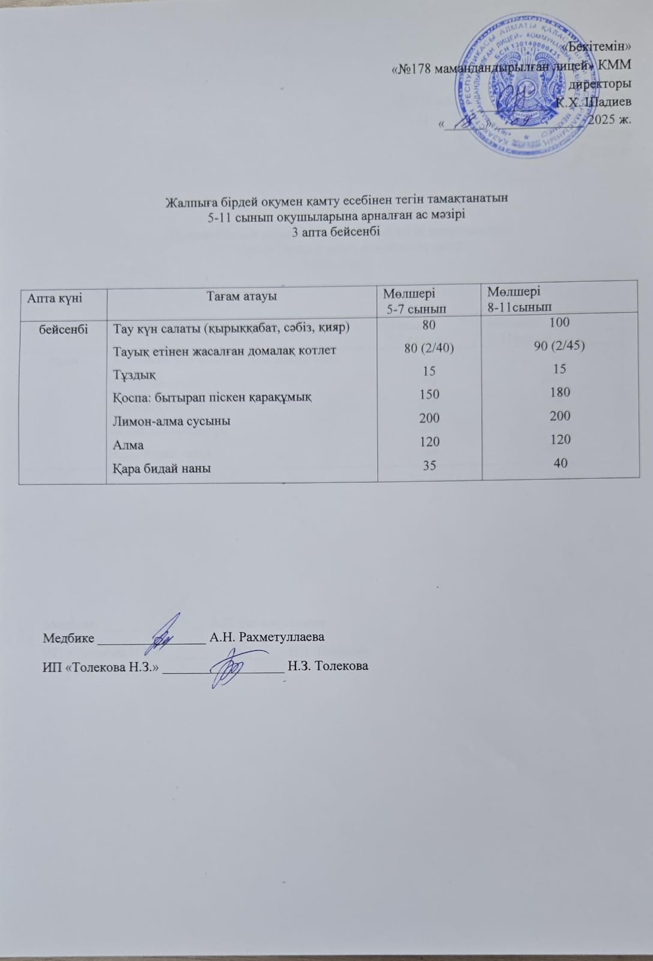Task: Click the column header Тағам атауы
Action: coord(241,296)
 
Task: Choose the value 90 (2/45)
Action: coord(559,346)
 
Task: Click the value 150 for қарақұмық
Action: coord(430,395)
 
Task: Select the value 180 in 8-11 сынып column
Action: coord(559,392)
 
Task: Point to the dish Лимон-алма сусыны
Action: coord(171,421)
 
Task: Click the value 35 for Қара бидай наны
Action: coord(429,465)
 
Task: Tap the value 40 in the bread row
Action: coord(560,462)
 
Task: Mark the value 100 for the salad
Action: coord(559,323)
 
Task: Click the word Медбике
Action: coord(68,638)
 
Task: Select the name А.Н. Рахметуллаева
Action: coord(266,637)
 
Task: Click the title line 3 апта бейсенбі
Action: coord(336,232)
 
